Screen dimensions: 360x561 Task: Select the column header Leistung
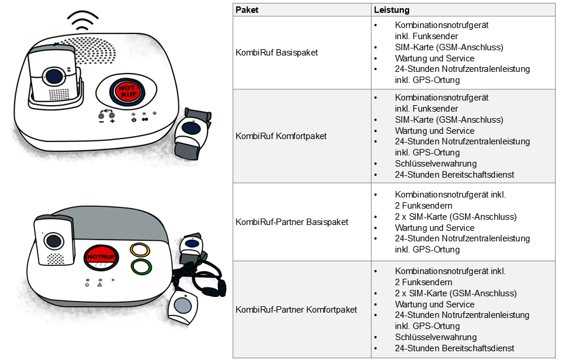[392, 10]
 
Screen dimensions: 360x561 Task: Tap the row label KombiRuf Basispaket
[276, 53]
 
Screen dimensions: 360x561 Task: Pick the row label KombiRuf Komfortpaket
[281, 136]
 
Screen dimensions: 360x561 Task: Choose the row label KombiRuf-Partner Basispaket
[292, 222]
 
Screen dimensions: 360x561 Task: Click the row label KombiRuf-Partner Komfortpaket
[296, 309]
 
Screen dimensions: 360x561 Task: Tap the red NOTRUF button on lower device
[101, 257]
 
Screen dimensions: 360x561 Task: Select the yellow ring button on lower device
[140, 250]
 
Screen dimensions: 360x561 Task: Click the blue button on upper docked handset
[54, 75]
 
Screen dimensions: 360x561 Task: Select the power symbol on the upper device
[134, 120]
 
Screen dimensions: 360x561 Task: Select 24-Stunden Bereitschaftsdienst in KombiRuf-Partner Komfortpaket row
[455, 348]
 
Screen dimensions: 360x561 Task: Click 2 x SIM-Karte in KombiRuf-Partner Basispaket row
[456, 217]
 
